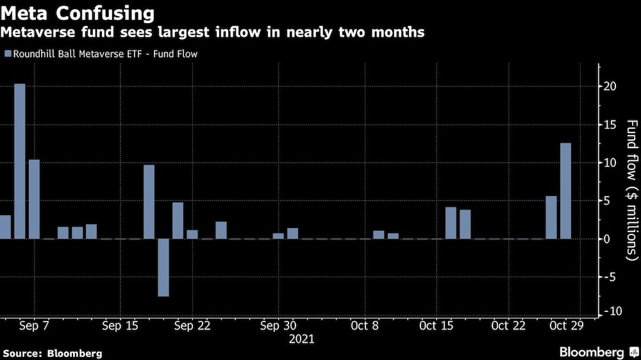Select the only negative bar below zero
pyautogui.click(x=163, y=267)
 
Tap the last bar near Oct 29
pyautogui.click(x=565, y=190)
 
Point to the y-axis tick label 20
pyautogui.click(x=611, y=86)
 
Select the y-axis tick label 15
pyautogui.click(x=611, y=124)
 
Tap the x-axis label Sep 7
pyautogui.click(x=35, y=325)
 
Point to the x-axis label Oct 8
pyautogui.click(x=365, y=325)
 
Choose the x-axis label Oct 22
pyautogui.click(x=508, y=325)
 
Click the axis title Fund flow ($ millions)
pyautogui.click(x=631, y=190)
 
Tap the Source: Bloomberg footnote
pyautogui.click(x=53, y=353)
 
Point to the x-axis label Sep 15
pyautogui.click(x=120, y=325)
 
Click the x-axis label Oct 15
pyautogui.click(x=437, y=325)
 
